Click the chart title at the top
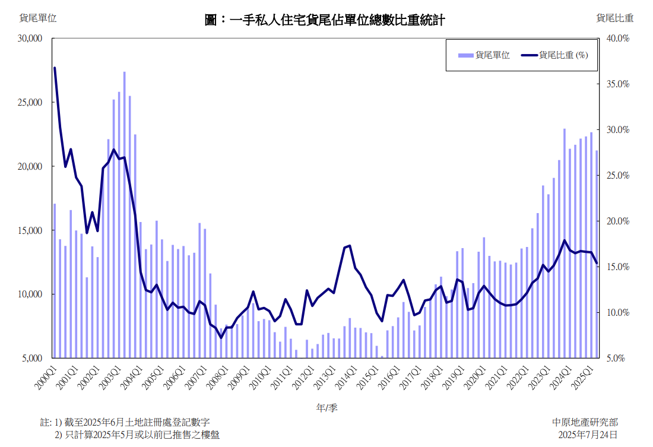(325, 20)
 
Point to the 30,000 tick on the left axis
(30, 38)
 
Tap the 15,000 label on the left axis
(30, 230)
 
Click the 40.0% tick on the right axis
(618, 38)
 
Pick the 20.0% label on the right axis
(618, 221)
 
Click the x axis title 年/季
(326, 408)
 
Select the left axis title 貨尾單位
(38, 18)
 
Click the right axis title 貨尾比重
(615, 18)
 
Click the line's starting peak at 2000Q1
(55, 68)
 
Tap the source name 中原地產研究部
(584, 422)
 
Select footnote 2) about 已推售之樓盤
(137, 435)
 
